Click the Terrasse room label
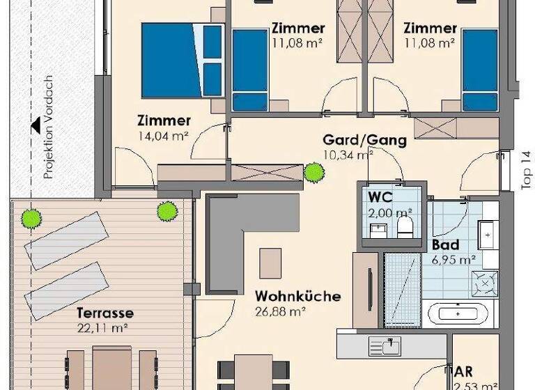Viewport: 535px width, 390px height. pyautogui.click(x=104, y=313)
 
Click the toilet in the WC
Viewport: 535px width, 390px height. pyautogui.click(x=404, y=226)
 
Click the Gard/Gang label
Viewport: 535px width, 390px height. pyautogui.click(x=364, y=140)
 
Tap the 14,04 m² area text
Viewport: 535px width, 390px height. pyautogui.click(x=164, y=136)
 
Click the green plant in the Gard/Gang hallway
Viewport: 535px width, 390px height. pyautogui.click(x=313, y=171)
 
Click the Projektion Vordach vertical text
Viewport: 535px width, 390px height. pyautogui.click(x=48, y=130)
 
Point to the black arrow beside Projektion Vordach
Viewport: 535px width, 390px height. pyautogui.click(x=33, y=127)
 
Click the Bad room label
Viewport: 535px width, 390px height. pyautogui.click(x=445, y=246)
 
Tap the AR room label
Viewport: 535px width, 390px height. pyautogui.click(x=463, y=371)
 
